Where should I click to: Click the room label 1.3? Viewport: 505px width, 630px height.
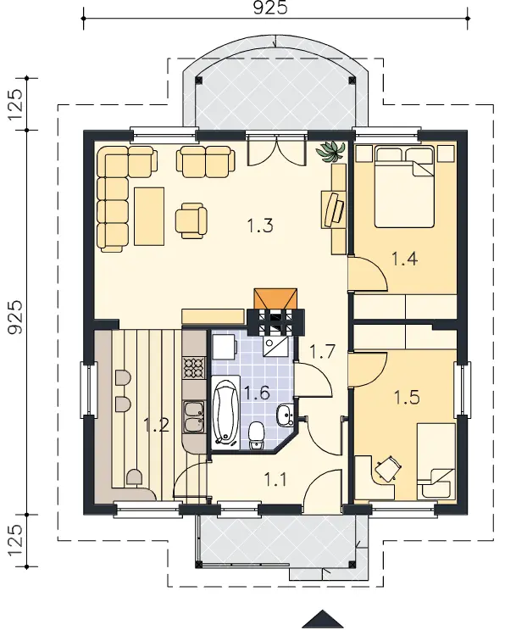tap(260, 226)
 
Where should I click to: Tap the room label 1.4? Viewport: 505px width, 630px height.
tap(405, 259)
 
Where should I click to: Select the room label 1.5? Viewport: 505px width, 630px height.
tap(407, 398)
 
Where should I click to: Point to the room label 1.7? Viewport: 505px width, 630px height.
tap(322, 352)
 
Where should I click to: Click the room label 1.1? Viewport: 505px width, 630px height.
tap(275, 479)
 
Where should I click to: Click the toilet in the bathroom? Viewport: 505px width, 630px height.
tap(256, 436)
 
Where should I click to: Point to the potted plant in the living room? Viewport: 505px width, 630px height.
tap(331, 152)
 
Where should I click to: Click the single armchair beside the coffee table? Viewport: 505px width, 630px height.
tap(191, 220)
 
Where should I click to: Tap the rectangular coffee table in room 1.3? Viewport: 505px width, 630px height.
tap(149, 216)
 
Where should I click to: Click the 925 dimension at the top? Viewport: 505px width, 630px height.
tap(270, 8)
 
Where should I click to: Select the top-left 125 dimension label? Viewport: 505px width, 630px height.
tap(16, 104)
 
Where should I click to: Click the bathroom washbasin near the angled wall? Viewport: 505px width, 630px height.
tap(286, 415)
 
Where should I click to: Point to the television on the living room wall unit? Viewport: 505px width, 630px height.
tap(335, 209)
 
